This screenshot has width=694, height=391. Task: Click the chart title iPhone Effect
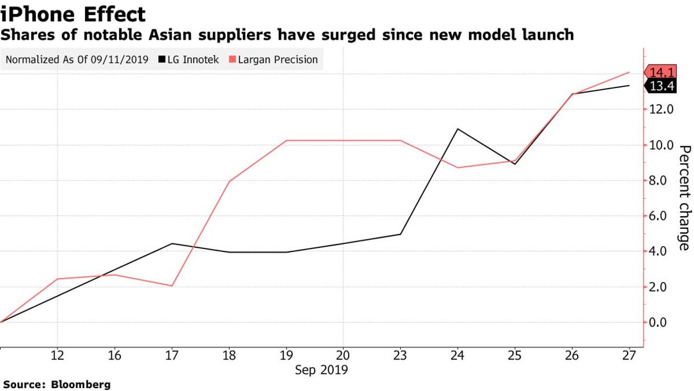73,13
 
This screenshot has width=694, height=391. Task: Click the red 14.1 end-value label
660,73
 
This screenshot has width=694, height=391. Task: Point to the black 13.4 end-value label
660,87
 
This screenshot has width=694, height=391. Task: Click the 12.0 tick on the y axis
660,109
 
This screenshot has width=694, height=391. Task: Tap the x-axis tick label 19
286,355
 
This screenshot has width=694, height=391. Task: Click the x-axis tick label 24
458,355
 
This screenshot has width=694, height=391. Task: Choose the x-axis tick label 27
629,355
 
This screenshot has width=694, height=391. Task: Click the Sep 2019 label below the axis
322,370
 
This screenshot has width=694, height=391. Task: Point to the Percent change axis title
684,198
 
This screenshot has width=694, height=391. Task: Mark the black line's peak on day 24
458,129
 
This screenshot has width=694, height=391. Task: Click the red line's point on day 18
230,182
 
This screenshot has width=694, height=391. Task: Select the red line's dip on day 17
172,286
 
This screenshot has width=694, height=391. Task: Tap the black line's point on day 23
401,234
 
